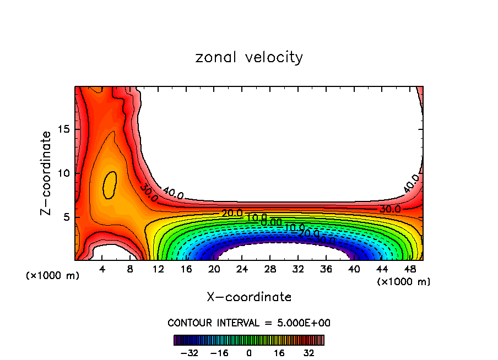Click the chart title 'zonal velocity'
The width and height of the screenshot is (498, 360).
click(249, 57)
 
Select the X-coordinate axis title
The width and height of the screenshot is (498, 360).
click(249, 297)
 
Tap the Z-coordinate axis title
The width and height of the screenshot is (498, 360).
click(47, 173)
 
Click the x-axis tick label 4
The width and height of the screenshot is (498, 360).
click(102, 269)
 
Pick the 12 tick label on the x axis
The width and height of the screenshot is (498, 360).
click(158, 269)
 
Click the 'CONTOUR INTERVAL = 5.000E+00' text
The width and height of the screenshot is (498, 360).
click(249, 323)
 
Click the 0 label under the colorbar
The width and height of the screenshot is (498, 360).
click(249, 353)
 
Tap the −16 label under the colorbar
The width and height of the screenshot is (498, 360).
click(219, 353)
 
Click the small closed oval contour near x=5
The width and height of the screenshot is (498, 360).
click(110, 184)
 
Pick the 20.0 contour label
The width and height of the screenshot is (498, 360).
click(232, 213)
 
